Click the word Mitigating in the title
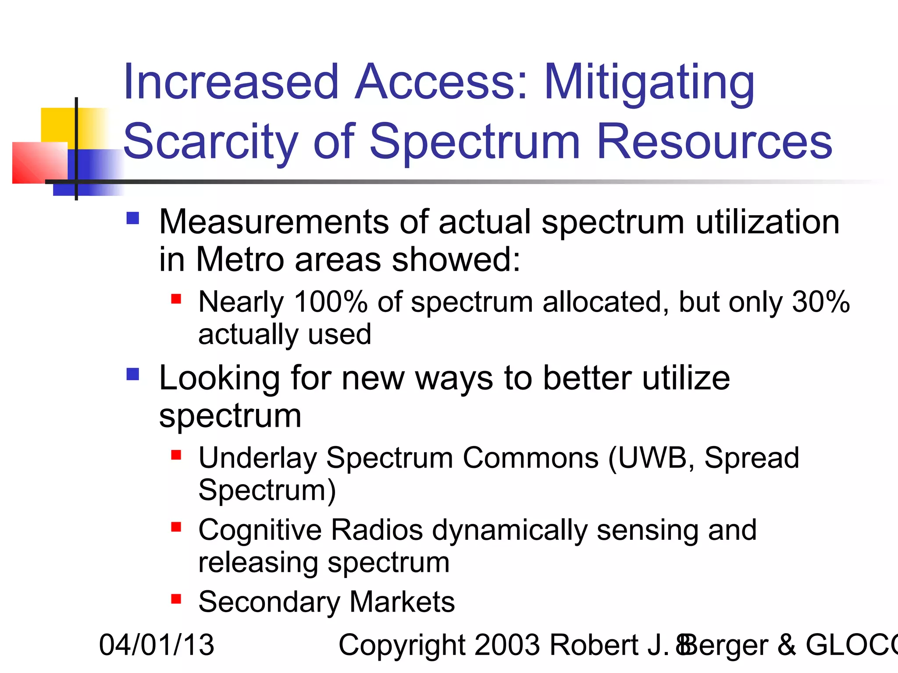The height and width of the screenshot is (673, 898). (649, 83)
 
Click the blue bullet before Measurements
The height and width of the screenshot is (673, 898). (132, 218)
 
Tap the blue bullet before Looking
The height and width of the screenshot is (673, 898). (132, 374)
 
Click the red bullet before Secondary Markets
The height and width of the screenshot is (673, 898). (176, 599)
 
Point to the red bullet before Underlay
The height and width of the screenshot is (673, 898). (176, 455)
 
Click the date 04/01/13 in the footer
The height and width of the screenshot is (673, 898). (157, 645)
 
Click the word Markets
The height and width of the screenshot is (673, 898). (402, 602)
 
